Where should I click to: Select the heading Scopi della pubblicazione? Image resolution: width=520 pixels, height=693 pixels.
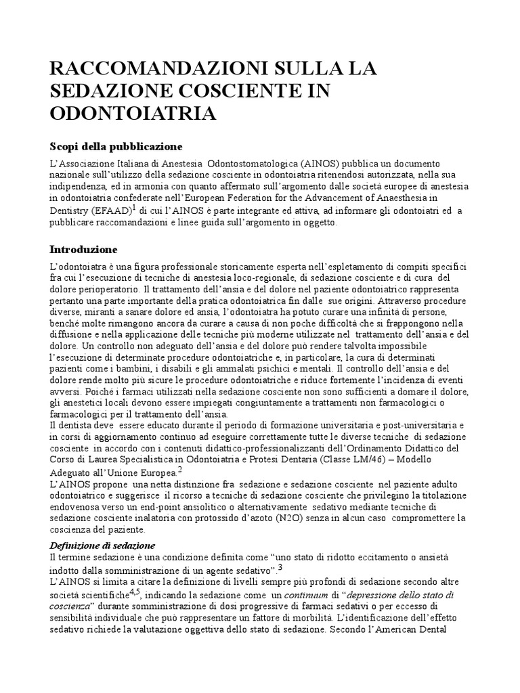[x=117, y=147]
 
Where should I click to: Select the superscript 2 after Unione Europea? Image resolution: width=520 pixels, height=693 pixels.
[x=180, y=470]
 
